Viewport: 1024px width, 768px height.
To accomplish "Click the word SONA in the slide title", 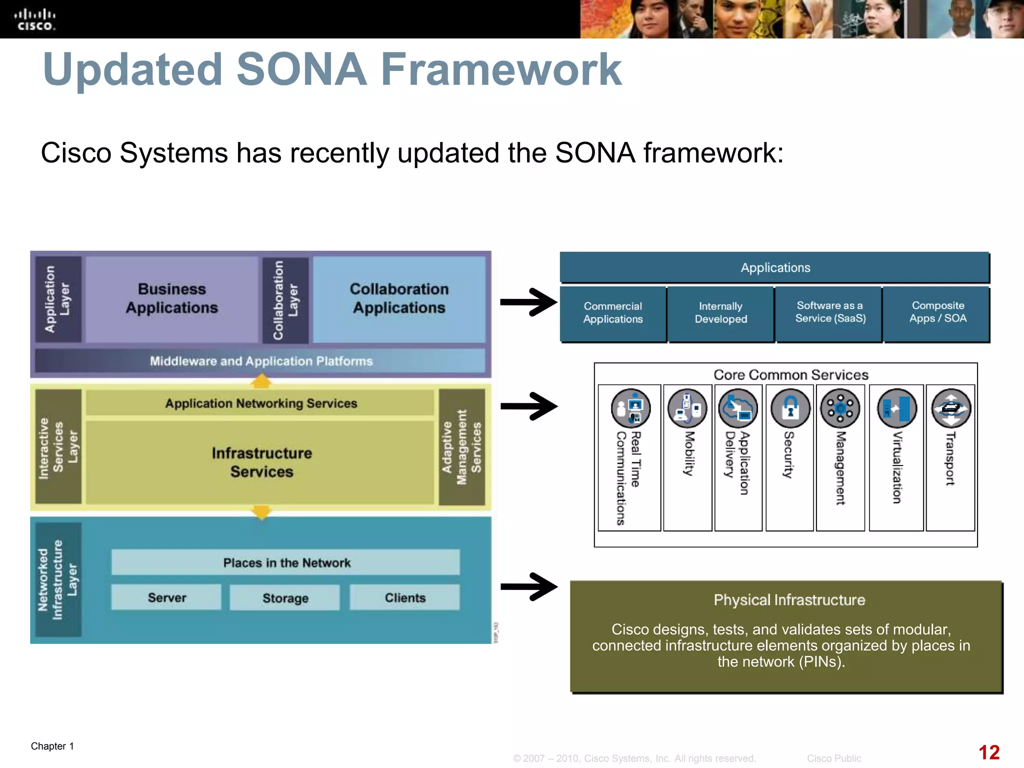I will (301, 69).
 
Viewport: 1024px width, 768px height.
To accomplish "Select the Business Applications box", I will (171, 299).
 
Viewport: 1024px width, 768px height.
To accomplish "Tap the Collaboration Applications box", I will (399, 299).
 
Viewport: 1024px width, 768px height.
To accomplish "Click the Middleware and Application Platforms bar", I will (260, 361).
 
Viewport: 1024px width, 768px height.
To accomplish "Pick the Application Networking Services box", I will (260, 403).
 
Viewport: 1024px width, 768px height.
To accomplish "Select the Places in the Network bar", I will (286, 562).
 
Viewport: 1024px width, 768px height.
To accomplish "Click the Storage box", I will (285, 597).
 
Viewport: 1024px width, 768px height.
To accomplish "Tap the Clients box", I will (404, 597).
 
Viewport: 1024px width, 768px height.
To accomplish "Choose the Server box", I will (166, 597).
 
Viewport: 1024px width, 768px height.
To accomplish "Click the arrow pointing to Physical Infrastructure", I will (529, 586).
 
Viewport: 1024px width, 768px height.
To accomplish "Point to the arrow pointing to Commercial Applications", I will (529, 302).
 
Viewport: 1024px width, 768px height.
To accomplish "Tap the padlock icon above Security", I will (790, 408).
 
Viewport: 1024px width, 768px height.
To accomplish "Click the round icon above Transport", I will (950, 408).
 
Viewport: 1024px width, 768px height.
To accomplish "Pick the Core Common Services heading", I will (790, 375).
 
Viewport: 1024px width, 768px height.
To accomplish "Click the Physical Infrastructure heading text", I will (789, 600).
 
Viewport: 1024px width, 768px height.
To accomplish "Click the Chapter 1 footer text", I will (52, 746).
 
